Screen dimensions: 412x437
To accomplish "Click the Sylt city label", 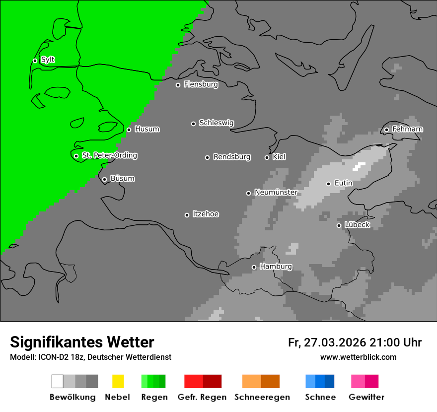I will click(x=48, y=60).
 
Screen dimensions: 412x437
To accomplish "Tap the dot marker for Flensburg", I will click(x=178, y=85).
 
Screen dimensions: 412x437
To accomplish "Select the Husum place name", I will click(x=147, y=129).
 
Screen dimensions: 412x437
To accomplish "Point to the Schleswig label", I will click(x=216, y=123).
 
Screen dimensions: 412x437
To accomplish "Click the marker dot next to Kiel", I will click(x=267, y=157).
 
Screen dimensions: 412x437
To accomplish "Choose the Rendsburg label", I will click(x=231, y=157).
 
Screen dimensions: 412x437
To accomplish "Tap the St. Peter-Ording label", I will click(x=109, y=155).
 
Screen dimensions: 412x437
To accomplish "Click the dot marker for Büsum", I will click(x=104, y=179).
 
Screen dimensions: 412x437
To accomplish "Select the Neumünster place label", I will click(x=276, y=192).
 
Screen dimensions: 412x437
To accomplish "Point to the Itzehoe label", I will click(x=205, y=214).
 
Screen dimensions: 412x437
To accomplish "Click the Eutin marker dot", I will click(x=328, y=184).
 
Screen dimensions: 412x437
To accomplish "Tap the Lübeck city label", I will click(x=357, y=225).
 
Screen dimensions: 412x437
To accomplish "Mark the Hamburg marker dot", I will click(x=254, y=267).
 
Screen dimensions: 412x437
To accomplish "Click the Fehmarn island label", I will click(x=407, y=129).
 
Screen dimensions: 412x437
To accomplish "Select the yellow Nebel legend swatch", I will click(x=118, y=381).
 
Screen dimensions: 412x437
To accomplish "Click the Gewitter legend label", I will click(x=366, y=397).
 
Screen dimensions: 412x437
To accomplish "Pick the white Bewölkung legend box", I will click(x=58, y=381).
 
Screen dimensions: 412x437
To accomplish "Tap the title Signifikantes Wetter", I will click(x=82, y=342).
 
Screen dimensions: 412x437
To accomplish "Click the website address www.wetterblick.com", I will click(x=358, y=357).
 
